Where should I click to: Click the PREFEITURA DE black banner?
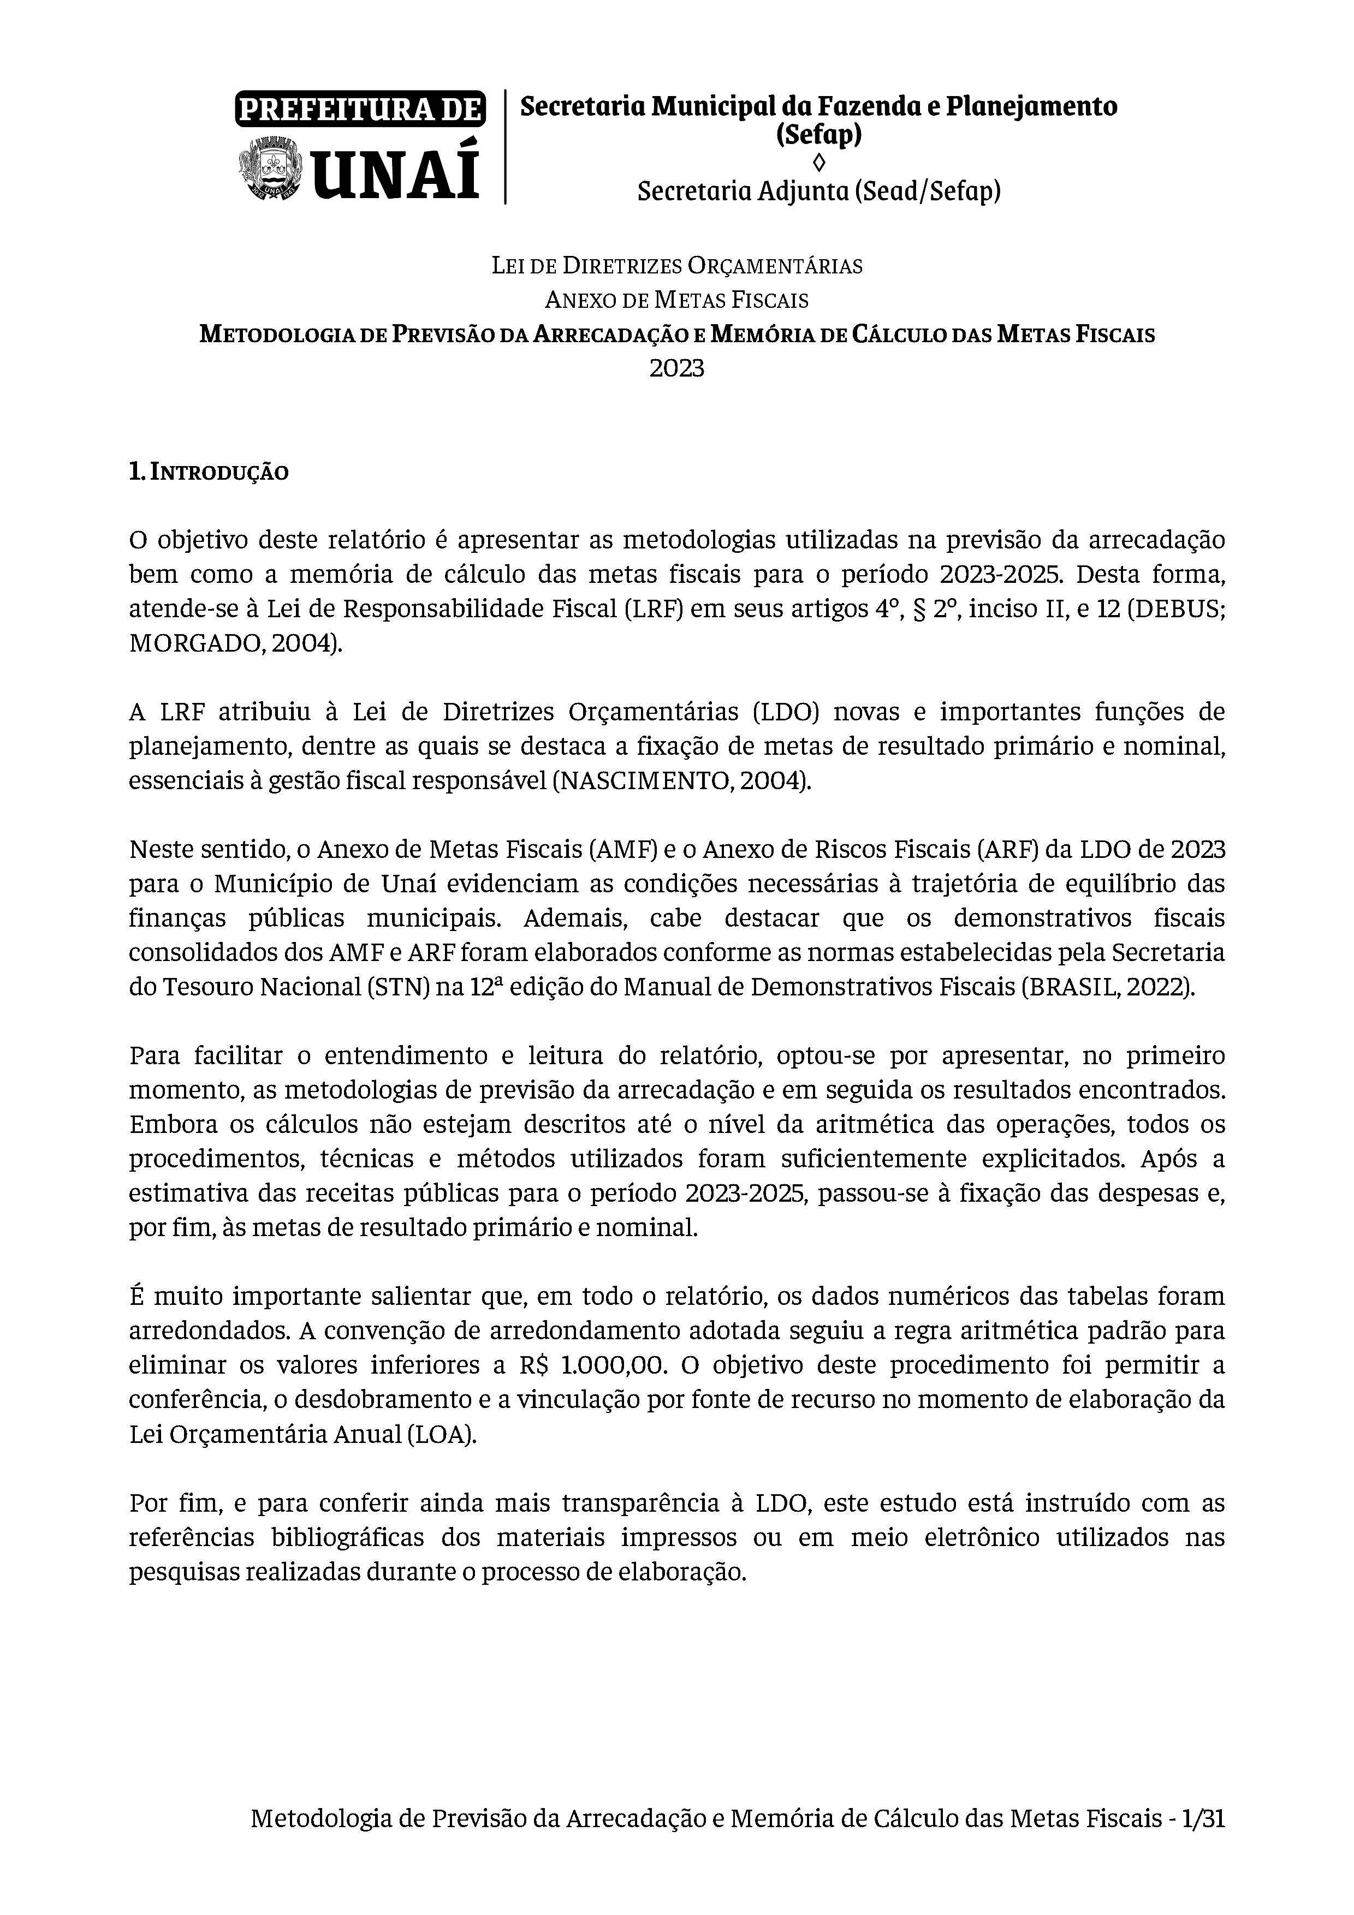click(360, 109)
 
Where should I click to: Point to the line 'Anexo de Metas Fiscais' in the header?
click(676, 300)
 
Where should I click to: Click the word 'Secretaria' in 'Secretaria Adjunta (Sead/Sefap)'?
click(694, 192)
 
